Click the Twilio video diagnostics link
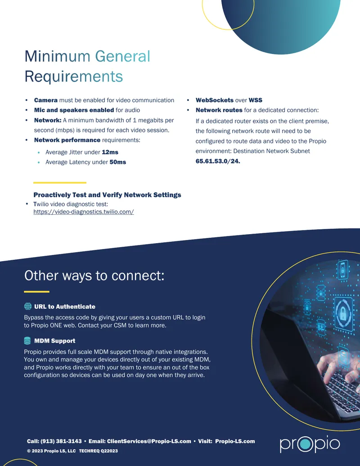tap(83, 212)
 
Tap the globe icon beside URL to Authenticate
tap(27, 306)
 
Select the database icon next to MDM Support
tap(27, 340)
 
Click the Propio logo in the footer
tap(310, 443)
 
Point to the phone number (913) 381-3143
tap(61, 441)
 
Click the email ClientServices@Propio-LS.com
tap(149, 441)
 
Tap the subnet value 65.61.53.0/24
tap(218, 161)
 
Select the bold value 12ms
tap(110, 152)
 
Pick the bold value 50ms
tap(117, 162)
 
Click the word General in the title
tap(123, 56)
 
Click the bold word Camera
tap(46, 100)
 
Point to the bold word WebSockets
tap(215, 100)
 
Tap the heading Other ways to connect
tap(94, 276)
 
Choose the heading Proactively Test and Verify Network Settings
tap(107, 195)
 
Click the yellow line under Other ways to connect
tap(36, 292)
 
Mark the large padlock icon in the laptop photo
tap(343, 312)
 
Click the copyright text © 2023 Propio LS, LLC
tap(51, 451)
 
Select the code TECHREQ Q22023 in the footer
tap(98, 451)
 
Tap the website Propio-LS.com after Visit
tap(235, 441)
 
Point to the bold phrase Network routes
tap(219, 110)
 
